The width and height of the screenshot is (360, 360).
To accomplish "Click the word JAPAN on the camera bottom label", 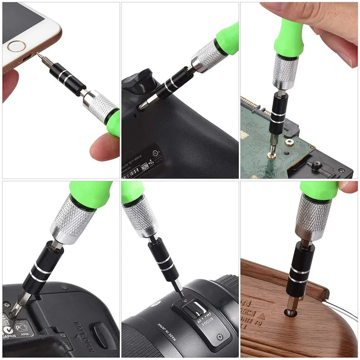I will coord(9,335).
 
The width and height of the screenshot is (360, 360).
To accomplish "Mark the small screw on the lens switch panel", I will coord(219,337).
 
